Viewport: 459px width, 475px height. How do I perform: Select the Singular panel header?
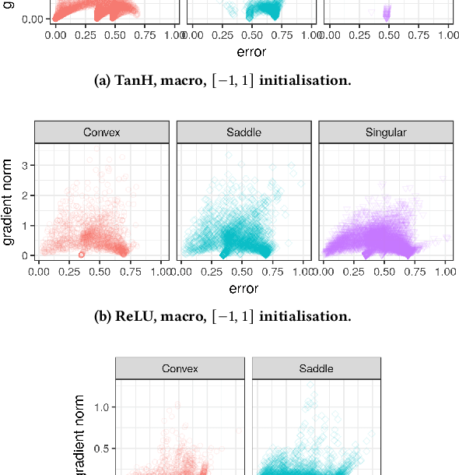tap(386, 132)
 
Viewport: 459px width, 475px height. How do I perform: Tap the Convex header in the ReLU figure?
tap(102, 132)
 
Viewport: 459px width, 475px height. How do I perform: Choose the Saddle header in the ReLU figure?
tap(244, 132)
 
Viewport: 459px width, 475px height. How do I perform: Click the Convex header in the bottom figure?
tap(180, 368)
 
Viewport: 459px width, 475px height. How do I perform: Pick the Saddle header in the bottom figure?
tap(316, 368)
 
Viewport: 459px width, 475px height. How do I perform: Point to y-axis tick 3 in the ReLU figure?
tap(25, 165)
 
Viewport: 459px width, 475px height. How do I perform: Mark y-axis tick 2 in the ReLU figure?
tap(25, 195)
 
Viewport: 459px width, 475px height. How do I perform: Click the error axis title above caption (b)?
tap(244, 288)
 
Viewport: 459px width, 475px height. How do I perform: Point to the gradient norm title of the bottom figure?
tap(79, 436)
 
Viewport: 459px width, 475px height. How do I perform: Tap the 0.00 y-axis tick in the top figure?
tap(31, 19)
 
